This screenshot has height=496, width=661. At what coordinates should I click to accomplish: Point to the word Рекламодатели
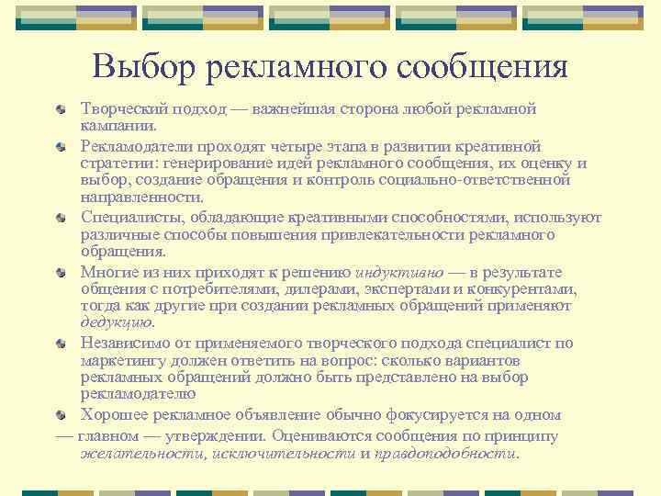coord(132,146)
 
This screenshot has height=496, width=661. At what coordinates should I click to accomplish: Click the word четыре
coord(322,146)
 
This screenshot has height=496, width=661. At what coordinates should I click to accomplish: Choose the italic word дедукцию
coord(118,322)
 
